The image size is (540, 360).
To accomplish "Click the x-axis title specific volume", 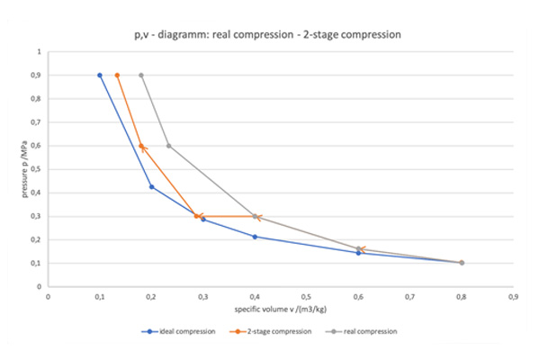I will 280,309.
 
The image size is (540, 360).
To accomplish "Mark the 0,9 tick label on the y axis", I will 36,76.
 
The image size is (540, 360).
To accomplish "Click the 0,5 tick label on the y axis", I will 36,169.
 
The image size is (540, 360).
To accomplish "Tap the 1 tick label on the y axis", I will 39,52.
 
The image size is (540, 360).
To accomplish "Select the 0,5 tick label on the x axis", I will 306,295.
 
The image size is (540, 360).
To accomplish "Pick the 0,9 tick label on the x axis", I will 513,295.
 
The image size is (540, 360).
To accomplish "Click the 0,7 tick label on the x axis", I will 409,295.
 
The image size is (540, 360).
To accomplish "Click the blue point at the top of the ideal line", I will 100,76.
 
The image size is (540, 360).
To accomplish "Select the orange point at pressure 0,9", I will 118,76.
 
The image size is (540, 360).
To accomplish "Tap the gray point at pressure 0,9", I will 141,76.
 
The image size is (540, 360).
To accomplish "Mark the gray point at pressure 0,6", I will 168,146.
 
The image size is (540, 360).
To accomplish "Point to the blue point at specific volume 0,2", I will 151,186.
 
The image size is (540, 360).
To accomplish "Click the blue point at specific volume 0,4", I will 255,237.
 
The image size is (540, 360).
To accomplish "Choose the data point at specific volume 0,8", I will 462,263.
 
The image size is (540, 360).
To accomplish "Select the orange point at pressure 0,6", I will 141,146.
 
